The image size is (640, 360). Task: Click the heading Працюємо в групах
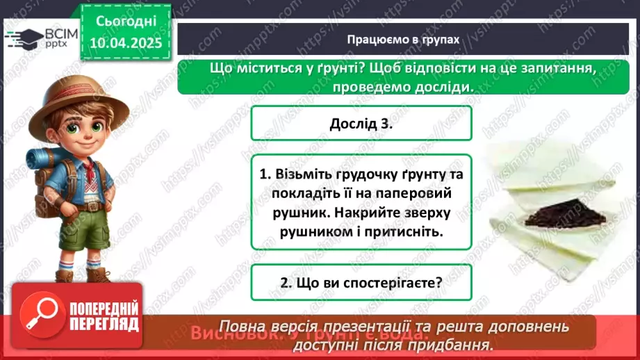(x=403, y=40)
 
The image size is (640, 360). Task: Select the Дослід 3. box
(x=361, y=124)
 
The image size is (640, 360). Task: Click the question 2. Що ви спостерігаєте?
(x=361, y=283)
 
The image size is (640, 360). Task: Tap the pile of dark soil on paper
(x=556, y=212)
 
